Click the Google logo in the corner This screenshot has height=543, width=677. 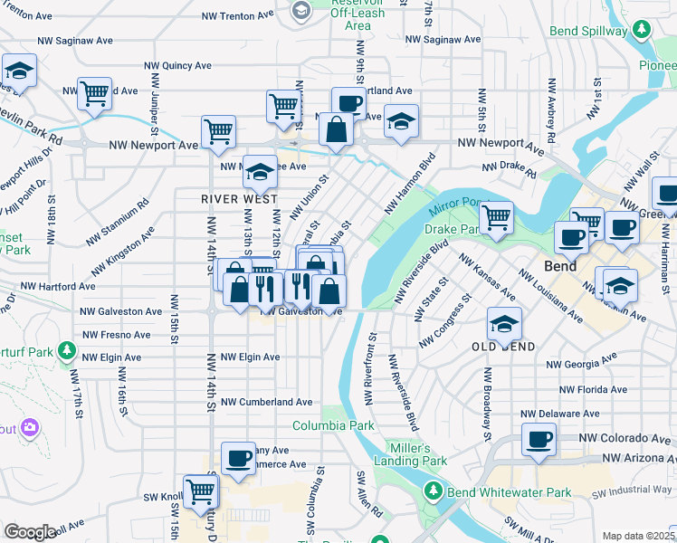point(29,533)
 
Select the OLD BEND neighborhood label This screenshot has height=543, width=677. point(504,347)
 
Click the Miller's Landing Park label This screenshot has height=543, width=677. point(417,454)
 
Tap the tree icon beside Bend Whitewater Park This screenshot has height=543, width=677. point(434,492)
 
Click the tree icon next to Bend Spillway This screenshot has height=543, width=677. point(642,30)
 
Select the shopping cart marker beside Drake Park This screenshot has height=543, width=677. point(496,217)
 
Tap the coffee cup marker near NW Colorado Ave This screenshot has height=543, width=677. point(539,440)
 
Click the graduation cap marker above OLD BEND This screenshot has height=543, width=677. point(504,323)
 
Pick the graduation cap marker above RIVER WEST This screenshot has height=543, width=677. point(260,171)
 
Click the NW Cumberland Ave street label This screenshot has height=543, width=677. point(267,402)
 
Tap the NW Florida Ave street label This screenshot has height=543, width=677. point(592,390)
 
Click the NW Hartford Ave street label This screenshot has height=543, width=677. point(58,286)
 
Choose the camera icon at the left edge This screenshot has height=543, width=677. point(29,427)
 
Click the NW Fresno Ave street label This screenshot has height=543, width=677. point(116,335)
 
